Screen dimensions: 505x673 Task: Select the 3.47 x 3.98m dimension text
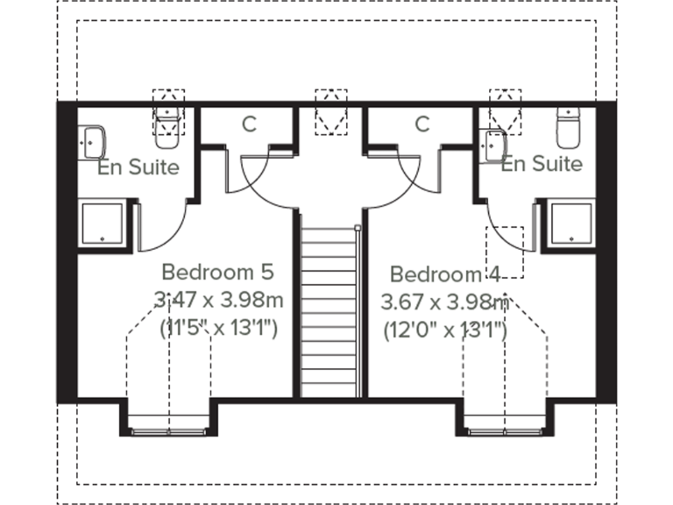(x=218, y=301)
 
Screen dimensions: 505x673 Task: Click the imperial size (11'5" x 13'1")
(x=218, y=330)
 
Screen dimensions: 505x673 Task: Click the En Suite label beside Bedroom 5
(x=138, y=167)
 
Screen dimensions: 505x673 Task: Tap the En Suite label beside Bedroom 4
(x=542, y=163)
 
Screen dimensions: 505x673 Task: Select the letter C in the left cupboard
(x=249, y=124)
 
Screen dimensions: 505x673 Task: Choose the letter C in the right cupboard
(x=422, y=124)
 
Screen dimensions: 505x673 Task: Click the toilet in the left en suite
(x=167, y=127)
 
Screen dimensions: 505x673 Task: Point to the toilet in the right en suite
(x=570, y=128)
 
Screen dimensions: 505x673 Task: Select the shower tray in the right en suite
(x=570, y=223)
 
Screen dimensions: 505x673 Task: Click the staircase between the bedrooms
(x=330, y=307)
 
